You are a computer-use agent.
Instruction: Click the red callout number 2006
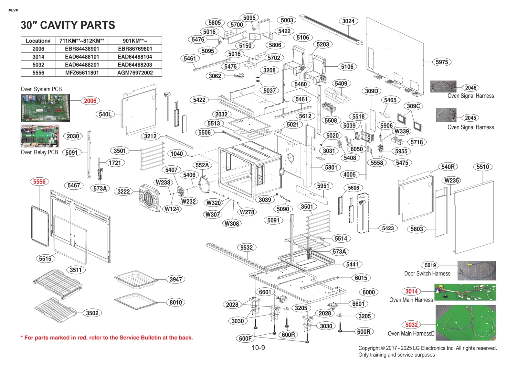(90, 101)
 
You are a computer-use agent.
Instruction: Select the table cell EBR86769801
(135, 49)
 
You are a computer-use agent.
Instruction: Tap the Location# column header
(38, 41)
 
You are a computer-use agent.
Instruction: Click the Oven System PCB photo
(45, 108)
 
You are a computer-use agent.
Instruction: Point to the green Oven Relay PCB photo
(40, 136)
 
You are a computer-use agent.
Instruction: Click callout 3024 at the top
(348, 21)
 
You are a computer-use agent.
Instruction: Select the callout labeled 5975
(441, 62)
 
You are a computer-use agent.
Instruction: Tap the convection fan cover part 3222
(149, 197)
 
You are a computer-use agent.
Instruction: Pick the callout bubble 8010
(175, 302)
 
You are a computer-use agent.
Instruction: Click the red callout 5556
(39, 182)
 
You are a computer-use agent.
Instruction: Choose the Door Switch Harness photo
(477, 271)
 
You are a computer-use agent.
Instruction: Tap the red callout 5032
(411, 325)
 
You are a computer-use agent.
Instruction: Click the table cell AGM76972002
(135, 72)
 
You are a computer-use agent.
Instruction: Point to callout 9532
(246, 248)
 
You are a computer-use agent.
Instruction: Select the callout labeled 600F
(245, 338)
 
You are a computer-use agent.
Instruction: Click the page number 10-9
(258, 348)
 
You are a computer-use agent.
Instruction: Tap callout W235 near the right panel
(451, 180)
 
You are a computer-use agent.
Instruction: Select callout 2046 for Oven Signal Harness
(470, 88)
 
